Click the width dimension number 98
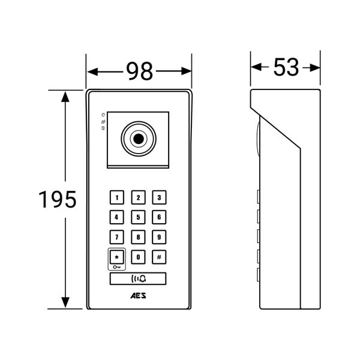139,71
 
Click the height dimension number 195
58,199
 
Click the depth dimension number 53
286,67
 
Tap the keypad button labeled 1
117,197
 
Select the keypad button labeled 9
159,237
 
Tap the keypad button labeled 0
138,257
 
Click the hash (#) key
159,257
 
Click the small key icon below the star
116,267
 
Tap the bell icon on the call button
143,279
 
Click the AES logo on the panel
138,296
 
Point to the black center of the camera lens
139,139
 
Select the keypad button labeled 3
159,197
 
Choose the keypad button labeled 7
117,237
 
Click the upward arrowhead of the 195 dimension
65,97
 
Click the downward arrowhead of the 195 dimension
65,302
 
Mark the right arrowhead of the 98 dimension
186,71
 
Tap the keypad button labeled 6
159,217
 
